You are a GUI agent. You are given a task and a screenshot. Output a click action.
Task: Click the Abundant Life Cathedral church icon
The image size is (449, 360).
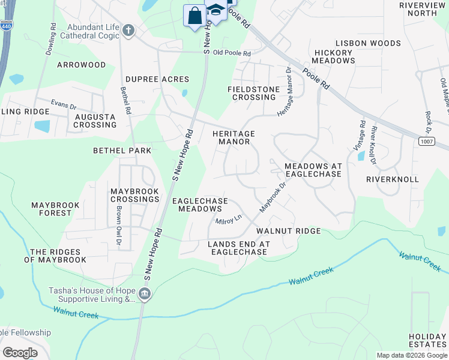click(128, 31)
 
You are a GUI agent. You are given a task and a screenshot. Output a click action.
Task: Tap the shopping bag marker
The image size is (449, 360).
click(195, 16)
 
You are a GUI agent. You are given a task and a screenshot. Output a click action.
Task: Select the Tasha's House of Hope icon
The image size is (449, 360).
click(144, 294)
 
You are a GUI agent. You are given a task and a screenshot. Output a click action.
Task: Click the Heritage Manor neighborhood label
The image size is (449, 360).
click(234, 137)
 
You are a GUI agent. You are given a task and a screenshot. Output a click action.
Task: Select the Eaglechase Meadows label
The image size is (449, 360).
click(200, 205)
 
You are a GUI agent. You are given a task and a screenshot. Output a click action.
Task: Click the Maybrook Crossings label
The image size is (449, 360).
click(135, 195)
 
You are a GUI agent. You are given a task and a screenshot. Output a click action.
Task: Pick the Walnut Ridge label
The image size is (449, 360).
click(288, 231)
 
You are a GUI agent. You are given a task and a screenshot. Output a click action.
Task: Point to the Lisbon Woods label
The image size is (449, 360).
click(368, 43)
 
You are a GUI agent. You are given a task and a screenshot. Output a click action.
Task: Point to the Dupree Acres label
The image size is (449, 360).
click(157, 79)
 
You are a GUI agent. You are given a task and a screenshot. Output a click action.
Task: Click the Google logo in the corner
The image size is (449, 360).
click(20, 352)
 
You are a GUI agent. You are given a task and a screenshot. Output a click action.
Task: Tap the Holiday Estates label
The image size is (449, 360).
click(428, 340)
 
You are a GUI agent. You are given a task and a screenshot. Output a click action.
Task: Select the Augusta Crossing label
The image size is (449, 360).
click(95, 121)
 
